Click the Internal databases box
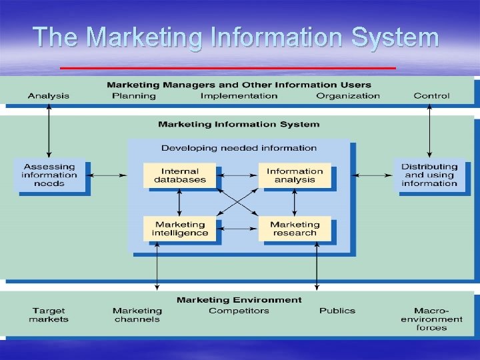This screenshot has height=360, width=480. point(180,175)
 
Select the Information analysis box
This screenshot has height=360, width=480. point(295,175)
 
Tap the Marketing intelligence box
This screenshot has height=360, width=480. point(180,229)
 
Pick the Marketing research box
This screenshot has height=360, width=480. point(295,229)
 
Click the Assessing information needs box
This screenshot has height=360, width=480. point(49,175)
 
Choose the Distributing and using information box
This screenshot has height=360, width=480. point(429,175)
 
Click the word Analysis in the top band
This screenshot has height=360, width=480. point(48,96)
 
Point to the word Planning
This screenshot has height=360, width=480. point(133,96)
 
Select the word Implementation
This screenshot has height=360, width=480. point(239,96)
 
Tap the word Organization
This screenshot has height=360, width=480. point(348,96)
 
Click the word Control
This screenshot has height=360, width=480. point(431,96)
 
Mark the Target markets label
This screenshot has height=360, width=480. point(49,315)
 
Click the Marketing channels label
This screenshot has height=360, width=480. point(137,315)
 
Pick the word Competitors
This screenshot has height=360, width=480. point(239,311)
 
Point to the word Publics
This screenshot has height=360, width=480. point(337,311)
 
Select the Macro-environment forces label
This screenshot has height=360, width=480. point(431,319)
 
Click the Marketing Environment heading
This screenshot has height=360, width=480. point(239,300)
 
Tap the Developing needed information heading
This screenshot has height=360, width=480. point(239,148)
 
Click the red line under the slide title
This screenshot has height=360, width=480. point(228,68)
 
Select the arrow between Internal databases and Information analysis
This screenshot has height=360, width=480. point(237,175)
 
